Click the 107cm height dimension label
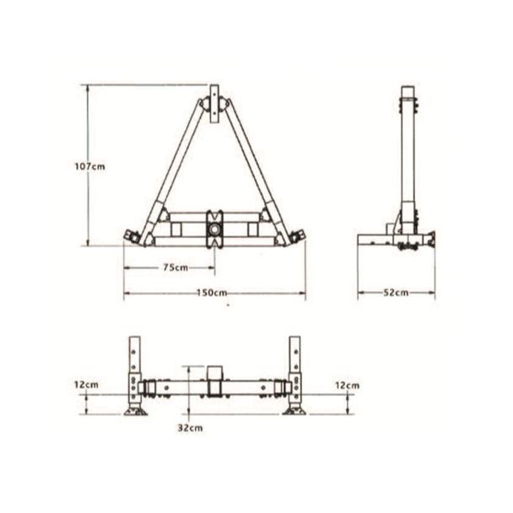tap(89, 167)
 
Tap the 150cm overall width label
tap(213, 293)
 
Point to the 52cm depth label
tap(396, 293)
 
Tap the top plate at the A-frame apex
tap(214, 94)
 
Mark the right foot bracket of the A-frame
tap(296, 237)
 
